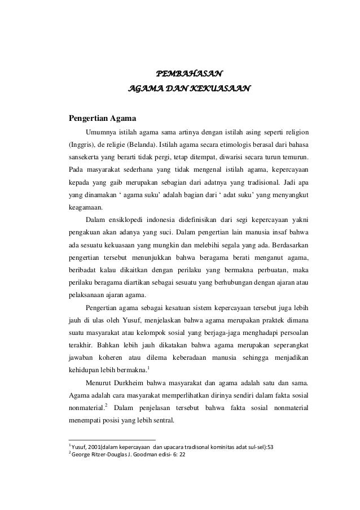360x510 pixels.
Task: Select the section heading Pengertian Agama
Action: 102,119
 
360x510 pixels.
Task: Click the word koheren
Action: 111,356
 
